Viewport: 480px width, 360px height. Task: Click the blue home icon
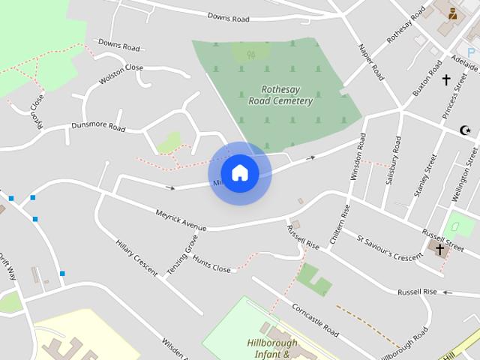coord(239,172)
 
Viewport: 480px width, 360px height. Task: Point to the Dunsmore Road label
coord(97,127)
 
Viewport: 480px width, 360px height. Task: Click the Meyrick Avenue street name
coord(180,219)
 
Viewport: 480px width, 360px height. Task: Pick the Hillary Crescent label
coord(136,257)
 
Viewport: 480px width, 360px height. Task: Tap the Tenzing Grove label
coord(182,253)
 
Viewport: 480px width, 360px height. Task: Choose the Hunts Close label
coord(211,264)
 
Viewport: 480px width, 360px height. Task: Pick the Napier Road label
coord(372,62)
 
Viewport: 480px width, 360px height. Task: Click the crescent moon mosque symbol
coord(466,130)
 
